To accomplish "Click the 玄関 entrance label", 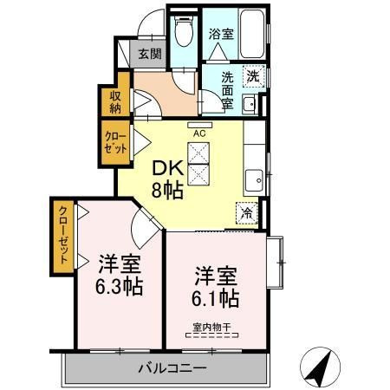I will coord(149,54).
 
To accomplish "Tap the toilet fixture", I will coord(182,33).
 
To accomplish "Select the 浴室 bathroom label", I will coord(220,35).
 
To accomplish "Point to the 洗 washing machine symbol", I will coord(252,76).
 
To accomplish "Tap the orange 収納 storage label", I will coord(115,102).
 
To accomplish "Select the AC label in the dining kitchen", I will coord(198,133).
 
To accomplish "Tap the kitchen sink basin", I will coord(254,179).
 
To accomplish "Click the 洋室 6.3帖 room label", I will coord(120,273).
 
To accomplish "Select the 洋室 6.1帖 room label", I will coord(216,285).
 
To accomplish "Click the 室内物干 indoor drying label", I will coord(211,327).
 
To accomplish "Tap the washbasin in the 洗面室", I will coord(250,106).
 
